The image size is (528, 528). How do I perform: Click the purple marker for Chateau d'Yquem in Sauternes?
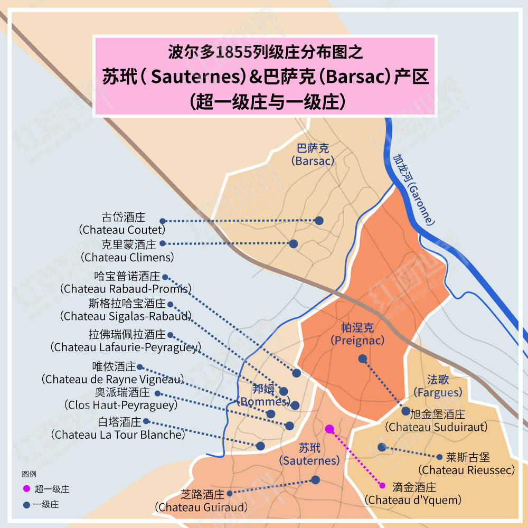coord(329,429)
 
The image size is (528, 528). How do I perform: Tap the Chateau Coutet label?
coord(122,224)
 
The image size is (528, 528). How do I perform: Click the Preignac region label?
coord(357,334)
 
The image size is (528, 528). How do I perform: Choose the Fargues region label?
coord(438,386)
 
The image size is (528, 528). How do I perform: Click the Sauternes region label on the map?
coord(309,455)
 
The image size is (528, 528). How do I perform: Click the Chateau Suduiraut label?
coord(436,420)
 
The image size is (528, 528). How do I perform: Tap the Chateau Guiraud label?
coord(201,501)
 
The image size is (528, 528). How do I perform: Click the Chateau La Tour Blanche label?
coord(120,428)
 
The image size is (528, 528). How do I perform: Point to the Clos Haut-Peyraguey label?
coord(121,399)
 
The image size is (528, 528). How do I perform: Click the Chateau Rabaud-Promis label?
coord(126,282)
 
